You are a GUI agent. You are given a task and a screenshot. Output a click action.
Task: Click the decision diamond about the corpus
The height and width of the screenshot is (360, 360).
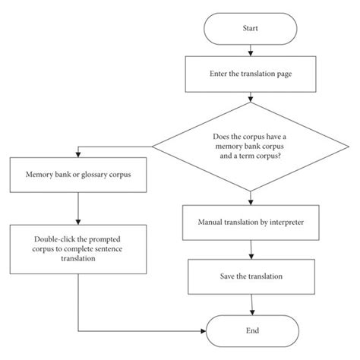tap(250, 145)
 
